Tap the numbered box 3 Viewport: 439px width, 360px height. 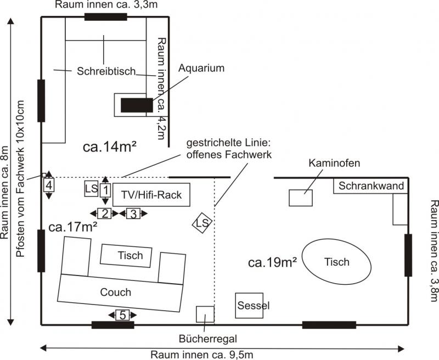[x=132, y=213]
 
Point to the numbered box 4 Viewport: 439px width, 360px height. [x=49, y=185]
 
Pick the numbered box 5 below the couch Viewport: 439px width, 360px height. [x=123, y=314]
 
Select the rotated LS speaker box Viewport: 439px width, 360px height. [x=202, y=223]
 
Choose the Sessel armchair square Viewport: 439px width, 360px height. [x=252, y=305]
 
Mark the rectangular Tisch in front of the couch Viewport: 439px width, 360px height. [x=130, y=255]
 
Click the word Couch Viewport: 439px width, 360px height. [x=116, y=291]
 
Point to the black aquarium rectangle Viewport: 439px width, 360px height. [x=137, y=104]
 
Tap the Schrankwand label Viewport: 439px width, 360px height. [x=371, y=185]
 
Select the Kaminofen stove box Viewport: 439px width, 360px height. [x=300, y=197]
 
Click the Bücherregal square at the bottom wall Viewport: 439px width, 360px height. [x=205, y=314]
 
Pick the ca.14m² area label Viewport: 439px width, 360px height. [x=110, y=147]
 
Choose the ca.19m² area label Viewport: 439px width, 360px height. [x=273, y=262]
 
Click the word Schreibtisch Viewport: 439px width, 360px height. [x=103, y=71]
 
